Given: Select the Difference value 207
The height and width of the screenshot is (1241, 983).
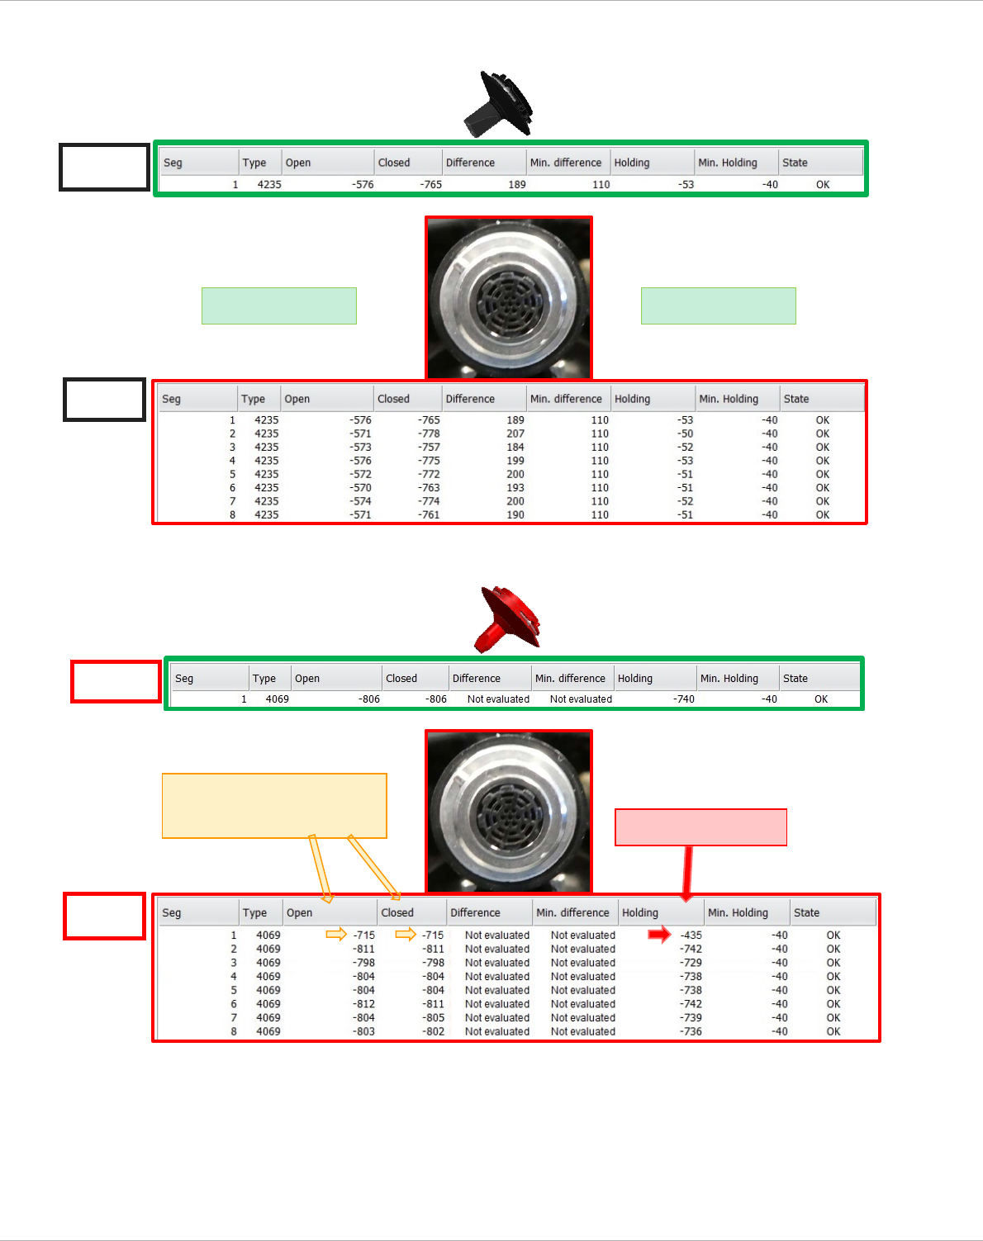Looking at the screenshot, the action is [x=515, y=433].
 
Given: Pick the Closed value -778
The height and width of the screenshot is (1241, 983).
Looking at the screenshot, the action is [x=429, y=433].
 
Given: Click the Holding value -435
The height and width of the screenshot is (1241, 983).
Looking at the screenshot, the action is [x=691, y=935].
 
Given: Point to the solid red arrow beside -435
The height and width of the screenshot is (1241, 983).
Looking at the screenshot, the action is [x=659, y=935].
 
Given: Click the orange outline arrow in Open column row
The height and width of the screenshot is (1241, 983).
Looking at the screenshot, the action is [x=336, y=935].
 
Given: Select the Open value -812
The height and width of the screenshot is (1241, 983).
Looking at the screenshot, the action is [x=363, y=1004].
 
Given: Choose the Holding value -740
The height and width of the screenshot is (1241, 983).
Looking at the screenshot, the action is [x=683, y=699].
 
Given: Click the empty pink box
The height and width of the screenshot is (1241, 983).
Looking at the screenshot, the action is [x=700, y=827].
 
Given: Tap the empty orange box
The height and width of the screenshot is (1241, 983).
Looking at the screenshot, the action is [x=274, y=806].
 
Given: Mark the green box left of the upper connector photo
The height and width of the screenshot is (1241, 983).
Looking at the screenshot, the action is [x=279, y=306].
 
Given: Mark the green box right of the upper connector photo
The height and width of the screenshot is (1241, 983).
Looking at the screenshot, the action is [x=718, y=306].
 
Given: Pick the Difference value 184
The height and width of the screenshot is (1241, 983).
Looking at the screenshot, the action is [x=515, y=448].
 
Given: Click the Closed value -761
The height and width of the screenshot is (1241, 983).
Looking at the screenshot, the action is [x=429, y=515].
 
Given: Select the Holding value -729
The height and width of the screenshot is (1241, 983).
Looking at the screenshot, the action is [x=691, y=963].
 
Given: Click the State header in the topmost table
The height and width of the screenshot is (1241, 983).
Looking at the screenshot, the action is [x=795, y=163].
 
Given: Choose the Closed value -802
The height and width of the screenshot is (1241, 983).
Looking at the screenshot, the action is [x=433, y=1032].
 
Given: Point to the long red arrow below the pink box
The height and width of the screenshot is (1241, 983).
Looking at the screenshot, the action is [x=687, y=872].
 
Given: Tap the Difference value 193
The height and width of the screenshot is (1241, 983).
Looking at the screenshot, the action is [x=515, y=488].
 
